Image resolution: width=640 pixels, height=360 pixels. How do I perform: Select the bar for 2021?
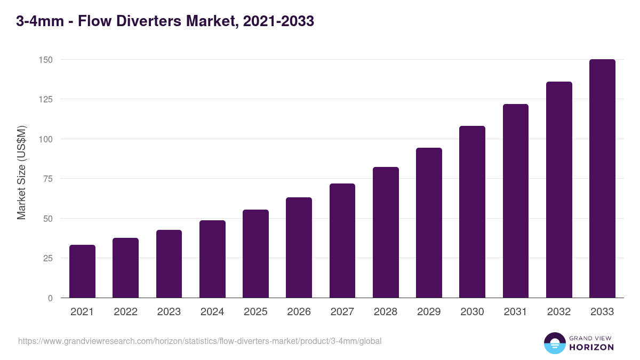(82, 271)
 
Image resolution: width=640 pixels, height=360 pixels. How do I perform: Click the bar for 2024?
(212, 259)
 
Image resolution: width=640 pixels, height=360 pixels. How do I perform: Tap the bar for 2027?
(342, 241)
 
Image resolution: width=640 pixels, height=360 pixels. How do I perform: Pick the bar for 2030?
(472, 212)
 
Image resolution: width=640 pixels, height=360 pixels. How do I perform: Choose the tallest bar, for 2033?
(602, 179)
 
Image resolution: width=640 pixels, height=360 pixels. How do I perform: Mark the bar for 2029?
(429, 223)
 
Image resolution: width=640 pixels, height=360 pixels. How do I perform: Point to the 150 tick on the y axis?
(46, 60)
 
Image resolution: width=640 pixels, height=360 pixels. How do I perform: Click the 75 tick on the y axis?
(48, 179)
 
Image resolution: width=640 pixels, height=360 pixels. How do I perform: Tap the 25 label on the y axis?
(48, 258)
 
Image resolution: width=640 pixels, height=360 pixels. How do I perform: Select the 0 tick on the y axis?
(50, 298)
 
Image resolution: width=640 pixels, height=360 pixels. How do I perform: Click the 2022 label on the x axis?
(125, 312)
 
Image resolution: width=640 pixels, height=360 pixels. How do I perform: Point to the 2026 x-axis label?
(299, 312)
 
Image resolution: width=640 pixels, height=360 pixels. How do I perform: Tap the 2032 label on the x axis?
(559, 312)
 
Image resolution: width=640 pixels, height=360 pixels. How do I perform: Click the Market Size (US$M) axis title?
(21, 172)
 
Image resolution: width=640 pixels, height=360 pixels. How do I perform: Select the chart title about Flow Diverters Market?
(165, 21)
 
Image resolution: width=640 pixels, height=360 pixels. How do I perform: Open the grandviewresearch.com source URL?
(200, 341)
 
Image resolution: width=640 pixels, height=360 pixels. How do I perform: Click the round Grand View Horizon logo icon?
(554, 343)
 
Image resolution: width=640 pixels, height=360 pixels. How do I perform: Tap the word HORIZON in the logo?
(591, 347)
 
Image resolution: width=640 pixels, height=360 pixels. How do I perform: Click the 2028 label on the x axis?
(386, 312)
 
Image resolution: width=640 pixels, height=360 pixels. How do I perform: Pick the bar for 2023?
(169, 264)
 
